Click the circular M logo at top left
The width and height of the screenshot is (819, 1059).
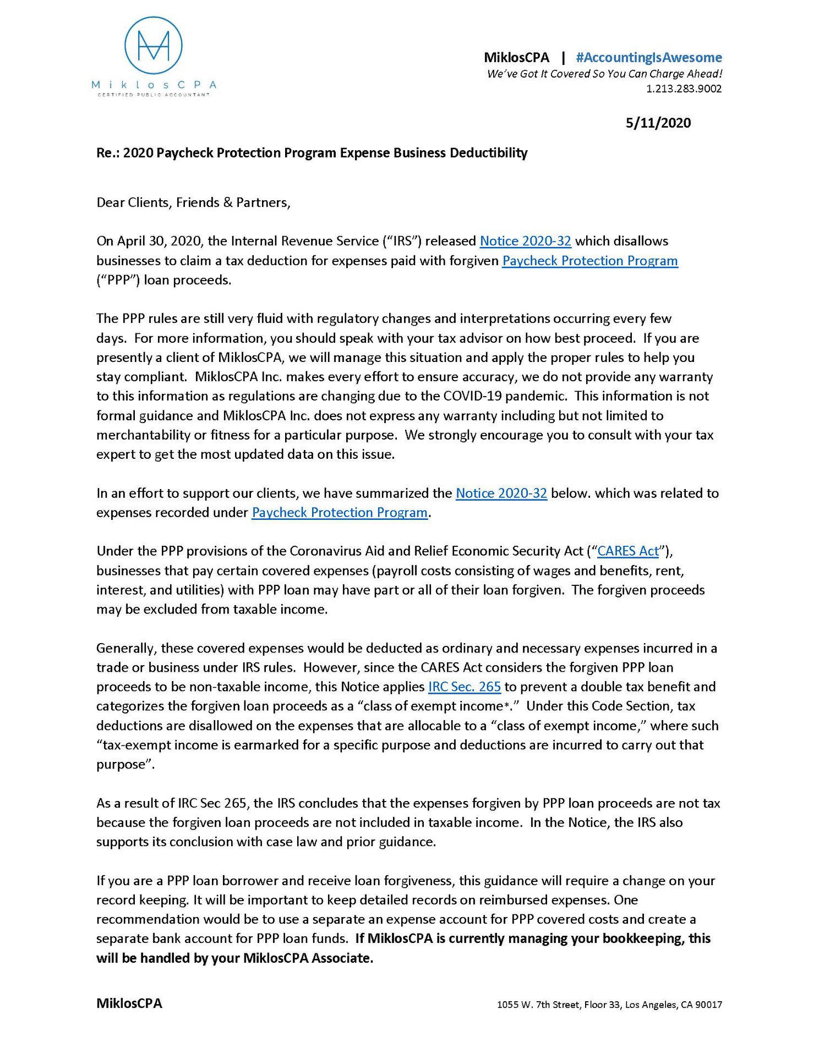pyautogui.click(x=153, y=45)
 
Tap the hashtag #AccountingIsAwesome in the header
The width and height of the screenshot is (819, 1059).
pyautogui.click(x=648, y=57)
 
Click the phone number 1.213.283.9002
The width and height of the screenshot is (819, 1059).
pyautogui.click(x=684, y=89)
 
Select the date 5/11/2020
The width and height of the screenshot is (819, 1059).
pyautogui.click(x=658, y=123)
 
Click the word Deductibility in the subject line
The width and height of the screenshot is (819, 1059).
pyautogui.click(x=488, y=152)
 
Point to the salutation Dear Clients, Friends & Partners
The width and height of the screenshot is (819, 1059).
pyautogui.click(x=193, y=202)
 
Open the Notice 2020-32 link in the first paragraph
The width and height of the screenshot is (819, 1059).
pyautogui.click(x=525, y=241)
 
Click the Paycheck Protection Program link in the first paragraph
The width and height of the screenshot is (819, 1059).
pyautogui.click(x=589, y=261)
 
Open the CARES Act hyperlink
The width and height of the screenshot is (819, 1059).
pyautogui.click(x=627, y=551)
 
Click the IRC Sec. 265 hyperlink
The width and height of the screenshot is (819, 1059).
pyautogui.click(x=464, y=687)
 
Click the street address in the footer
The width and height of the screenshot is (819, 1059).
pyautogui.click(x=609, y=1005)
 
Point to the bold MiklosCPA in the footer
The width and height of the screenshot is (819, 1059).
pyautogui.click(x=129, y=1003)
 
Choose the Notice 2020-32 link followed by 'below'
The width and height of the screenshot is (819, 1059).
pyautogui.click(x=501, y=493)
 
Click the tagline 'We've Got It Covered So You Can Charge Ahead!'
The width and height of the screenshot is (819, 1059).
pyautogui.click(x=604, y=74)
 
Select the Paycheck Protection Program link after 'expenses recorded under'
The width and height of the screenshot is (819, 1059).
pyautogui.click(x=340, y=513)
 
